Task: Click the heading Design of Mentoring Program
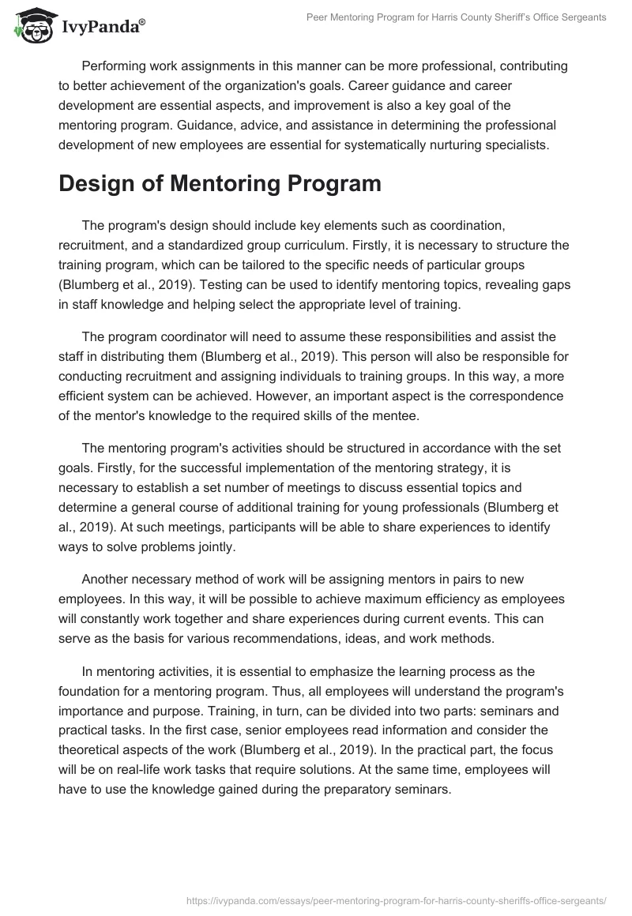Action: (x=209, y=184)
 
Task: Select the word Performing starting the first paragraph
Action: (x=116, y=69)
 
